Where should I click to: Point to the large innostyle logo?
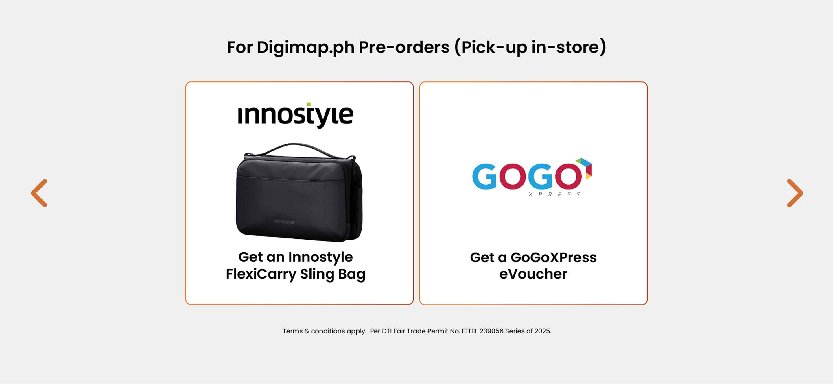point(296,115)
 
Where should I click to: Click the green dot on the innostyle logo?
point(309,104)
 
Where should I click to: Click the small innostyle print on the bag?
point(284,222)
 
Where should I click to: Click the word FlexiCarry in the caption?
point(261,274)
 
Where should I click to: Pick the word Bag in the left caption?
point(351,274)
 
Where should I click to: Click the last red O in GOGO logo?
point(568,176)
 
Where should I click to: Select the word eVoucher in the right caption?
point(533,274)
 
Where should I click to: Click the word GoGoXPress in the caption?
point(554,257)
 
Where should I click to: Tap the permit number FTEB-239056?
point(482,331)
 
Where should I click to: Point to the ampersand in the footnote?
point(307,331)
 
